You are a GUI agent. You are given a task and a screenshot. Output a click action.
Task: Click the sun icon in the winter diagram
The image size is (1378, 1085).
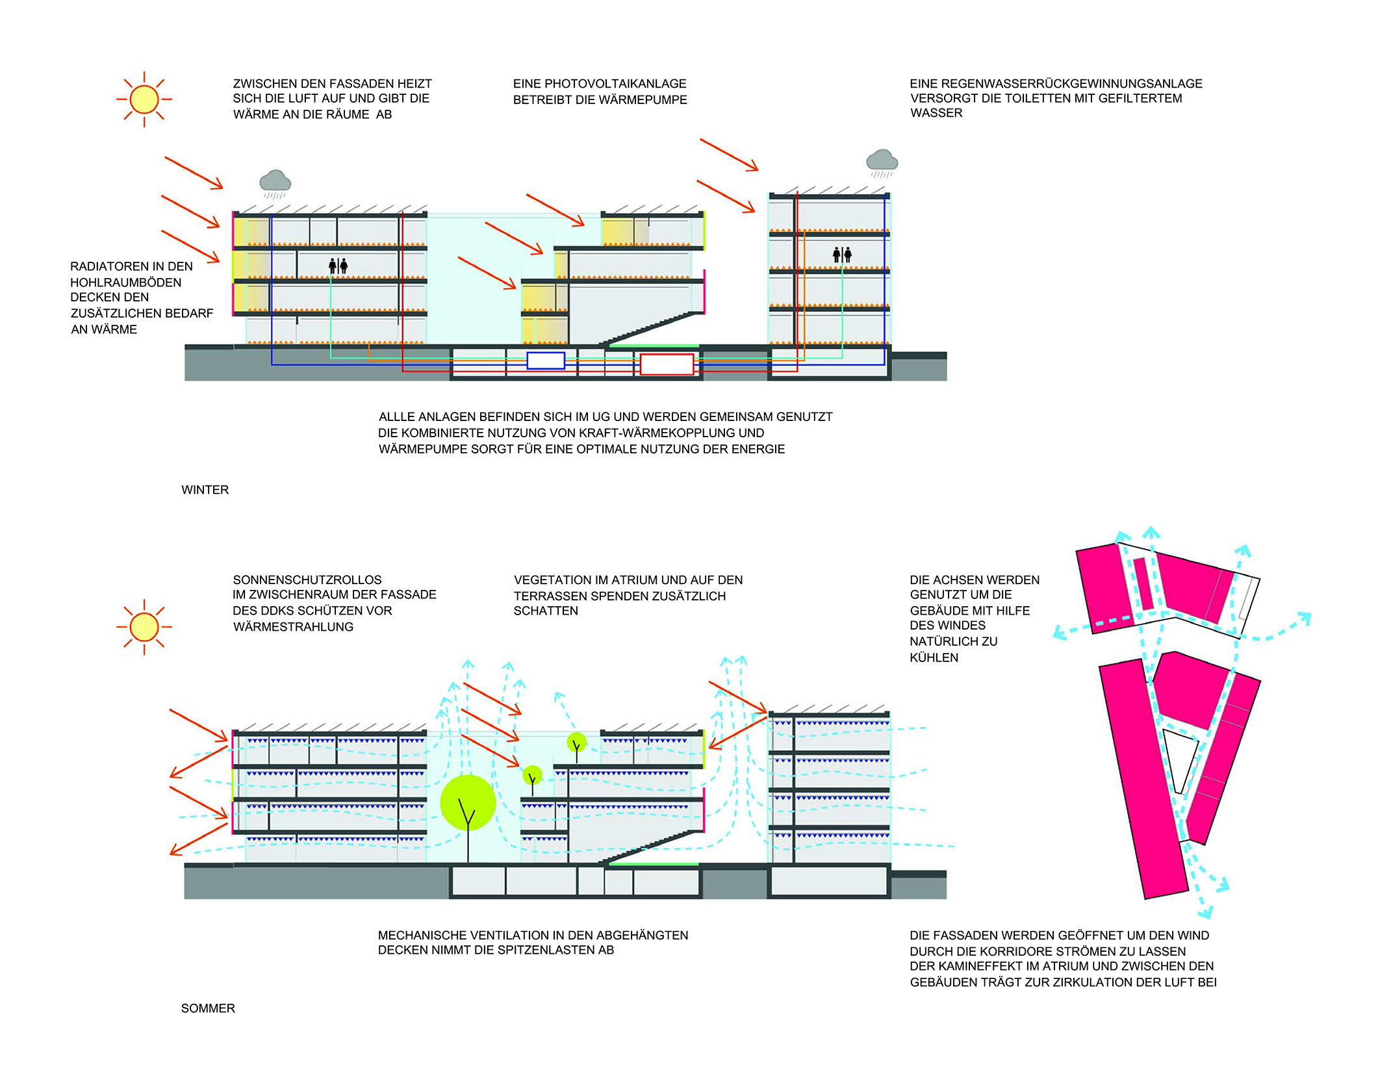[144, 99]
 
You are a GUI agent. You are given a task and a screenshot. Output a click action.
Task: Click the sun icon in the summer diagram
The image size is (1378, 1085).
[144, 627]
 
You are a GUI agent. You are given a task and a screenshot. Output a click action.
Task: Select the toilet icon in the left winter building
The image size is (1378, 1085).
[338, 265]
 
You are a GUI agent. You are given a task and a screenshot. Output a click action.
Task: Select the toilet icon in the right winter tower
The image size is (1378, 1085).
[842, 255]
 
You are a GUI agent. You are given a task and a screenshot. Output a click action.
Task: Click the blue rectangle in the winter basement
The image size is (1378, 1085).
[546, 361]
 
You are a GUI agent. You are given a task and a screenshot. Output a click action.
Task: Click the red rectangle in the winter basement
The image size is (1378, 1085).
[667, 364]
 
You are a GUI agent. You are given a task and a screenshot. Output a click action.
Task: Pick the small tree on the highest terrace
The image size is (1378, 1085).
[576, 746]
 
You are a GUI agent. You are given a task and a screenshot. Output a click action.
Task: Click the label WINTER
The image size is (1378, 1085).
[205, 490]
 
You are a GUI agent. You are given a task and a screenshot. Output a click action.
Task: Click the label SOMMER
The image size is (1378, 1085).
[208, 1008]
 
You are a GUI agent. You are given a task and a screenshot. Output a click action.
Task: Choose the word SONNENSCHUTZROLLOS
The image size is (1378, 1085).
[307, 580]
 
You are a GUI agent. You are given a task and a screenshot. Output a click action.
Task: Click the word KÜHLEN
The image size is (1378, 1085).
[934, 657]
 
